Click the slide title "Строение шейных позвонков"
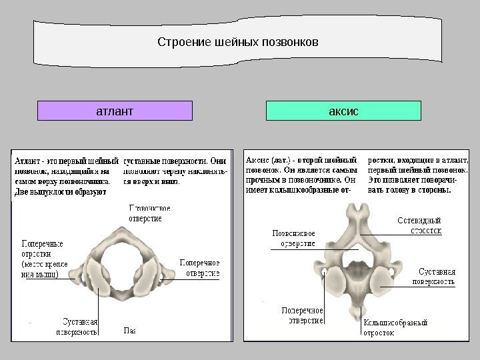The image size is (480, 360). [x=238, y=43]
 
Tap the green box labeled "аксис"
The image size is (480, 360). [x=343, y=111]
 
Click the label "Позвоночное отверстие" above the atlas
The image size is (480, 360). [x=150, y=212]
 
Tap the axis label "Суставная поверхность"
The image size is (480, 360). [x=437, y=276]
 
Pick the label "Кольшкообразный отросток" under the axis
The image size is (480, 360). [x=395, y=327]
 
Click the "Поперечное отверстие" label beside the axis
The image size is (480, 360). [x=302, y=315]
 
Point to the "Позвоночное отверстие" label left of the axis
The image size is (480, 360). [x=294, y=238]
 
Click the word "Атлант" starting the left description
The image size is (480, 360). [x=29, y=161]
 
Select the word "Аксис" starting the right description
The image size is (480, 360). [x=259, y=161]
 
